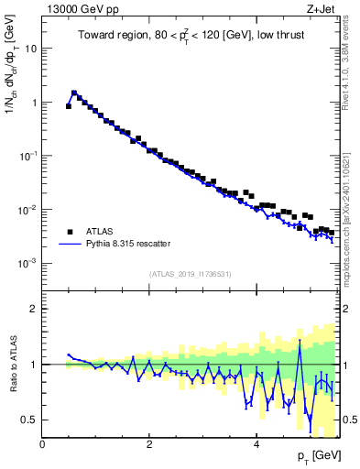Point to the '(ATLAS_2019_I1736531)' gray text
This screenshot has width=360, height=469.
pyautogui.click(x=191, y=274)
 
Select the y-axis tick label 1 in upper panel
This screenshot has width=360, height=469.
pyautogui.click(x=35, y=103)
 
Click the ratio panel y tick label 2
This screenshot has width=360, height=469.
pyautogui.click(x=35, y=309)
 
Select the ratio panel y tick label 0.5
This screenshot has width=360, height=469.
pyautogui.click(x=30, y=420)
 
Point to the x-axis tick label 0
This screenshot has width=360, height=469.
pyautogui.click(x=43, y=443)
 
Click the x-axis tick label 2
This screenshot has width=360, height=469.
pyautogui.click(x=149, y=443)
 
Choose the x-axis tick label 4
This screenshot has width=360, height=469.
pyautogui.click(x=256, y=443)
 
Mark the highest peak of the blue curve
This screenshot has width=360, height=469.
pyautogui.click(x=74, y=92)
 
